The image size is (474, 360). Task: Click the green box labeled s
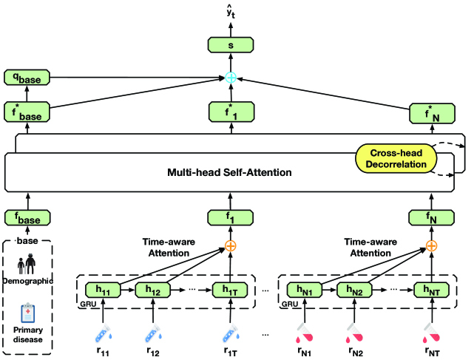point(231,45)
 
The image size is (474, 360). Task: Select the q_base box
point(27,78)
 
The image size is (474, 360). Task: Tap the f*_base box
point(27,112)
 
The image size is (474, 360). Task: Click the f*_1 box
point(231,112)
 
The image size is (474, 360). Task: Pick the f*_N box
point(433,113)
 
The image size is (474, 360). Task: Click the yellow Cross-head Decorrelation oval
point(396,158)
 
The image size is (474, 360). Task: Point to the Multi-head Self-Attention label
point(229,172)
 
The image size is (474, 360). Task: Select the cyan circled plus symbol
point(231,78)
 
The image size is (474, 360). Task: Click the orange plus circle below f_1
point(231,245)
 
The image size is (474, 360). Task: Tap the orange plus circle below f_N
point(431,245)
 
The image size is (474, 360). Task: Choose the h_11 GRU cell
point(103,290)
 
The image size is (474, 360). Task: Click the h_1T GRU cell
point(230,290)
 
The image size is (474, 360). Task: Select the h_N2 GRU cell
point(355,290)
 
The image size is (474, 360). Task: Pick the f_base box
point(27,218)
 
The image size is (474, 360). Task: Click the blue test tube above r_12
point(152,333)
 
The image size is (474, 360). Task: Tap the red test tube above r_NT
point(432,333)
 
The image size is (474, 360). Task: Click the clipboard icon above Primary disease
point(28,313)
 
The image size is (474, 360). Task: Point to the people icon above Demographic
point(27,264)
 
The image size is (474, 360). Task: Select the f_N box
point(431,218)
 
